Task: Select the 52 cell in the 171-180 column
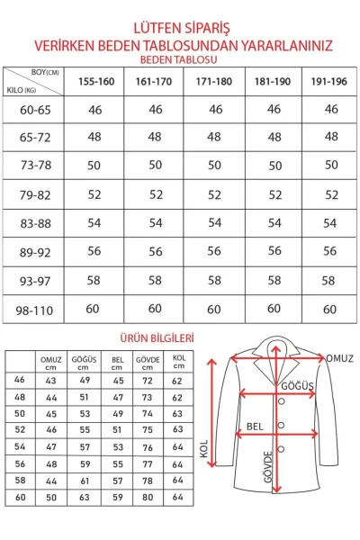(214, 194)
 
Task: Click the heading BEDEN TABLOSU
(180, 58)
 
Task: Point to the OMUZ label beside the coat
(340, 358)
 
